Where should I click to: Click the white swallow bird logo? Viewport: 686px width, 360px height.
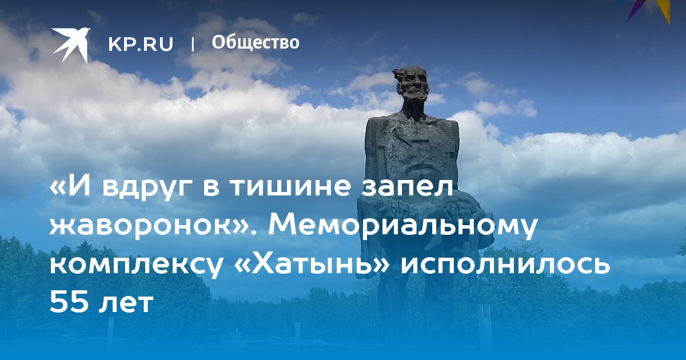click(71, 45)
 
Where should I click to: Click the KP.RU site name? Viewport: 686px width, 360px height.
click(141, 44)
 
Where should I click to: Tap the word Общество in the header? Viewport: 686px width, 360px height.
click(256, 42)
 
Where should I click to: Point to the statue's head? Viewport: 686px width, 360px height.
click(410, 87)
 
